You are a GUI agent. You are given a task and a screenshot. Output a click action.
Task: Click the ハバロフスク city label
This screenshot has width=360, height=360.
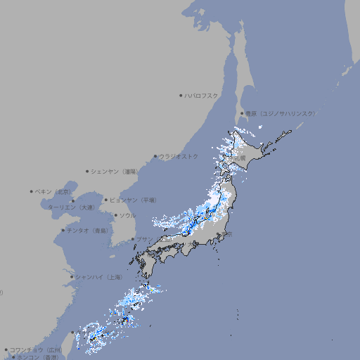[x=202, y=95]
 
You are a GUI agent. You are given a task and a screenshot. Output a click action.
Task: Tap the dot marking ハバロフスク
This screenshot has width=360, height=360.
[x=181, y=95]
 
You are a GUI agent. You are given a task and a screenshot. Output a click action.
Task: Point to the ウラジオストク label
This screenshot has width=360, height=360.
[x=179, y=156]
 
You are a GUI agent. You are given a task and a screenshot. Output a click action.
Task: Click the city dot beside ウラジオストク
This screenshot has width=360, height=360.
[x=155, y=157]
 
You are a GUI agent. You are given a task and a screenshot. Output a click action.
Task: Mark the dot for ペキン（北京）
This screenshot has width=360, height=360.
[x=32, y=191]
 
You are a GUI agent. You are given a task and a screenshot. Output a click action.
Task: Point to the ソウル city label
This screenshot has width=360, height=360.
[x=127, y=215]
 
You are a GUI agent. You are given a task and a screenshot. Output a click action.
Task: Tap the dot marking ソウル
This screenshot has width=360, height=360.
[x=115, y=215]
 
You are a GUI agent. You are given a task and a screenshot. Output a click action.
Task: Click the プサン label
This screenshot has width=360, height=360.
[x=143, y=240]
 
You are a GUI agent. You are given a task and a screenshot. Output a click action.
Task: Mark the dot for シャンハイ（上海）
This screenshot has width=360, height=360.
[x=72, y=277]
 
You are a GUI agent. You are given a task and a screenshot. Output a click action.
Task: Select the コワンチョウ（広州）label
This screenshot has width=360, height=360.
[x=35, y=349]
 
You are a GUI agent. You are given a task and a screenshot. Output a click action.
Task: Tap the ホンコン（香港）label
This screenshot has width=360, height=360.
[x=38, y=357]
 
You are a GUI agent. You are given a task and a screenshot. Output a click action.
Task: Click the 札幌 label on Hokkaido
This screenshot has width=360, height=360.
[x=240, y=159]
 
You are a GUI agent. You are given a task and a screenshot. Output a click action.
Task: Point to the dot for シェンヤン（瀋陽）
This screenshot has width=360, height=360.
[x=87, y=171]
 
